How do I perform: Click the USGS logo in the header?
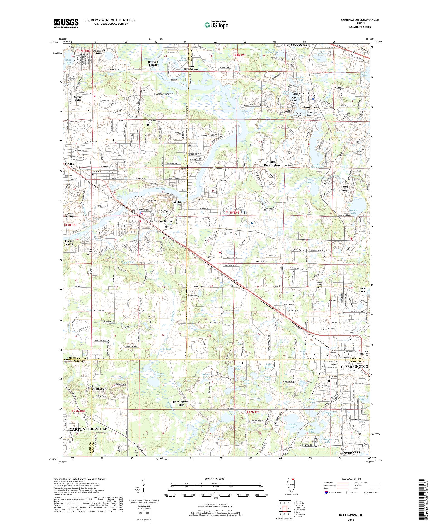[66, 24]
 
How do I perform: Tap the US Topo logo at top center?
[217, 24]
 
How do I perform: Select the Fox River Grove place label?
[161, 221]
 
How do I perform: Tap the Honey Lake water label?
[354, 211]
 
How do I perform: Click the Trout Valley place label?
[70, 215]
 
